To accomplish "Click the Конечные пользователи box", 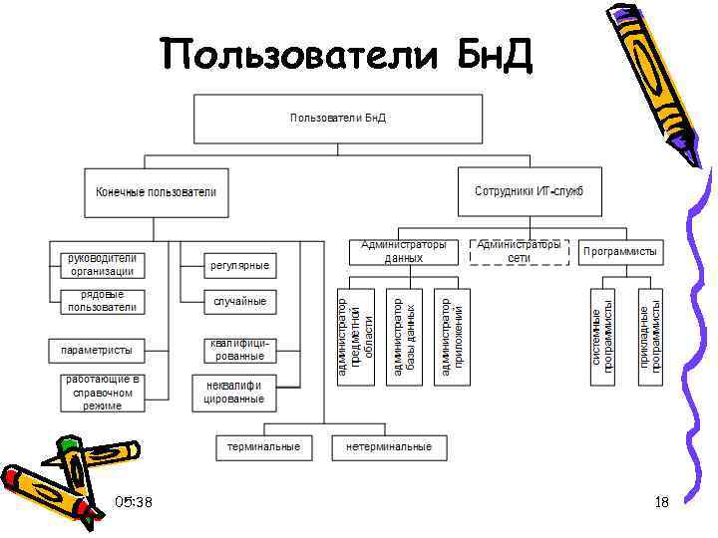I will (x=157, y=191).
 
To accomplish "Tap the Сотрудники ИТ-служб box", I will (x=530, y=191).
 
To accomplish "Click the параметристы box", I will (x=97, y=350).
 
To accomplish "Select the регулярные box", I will (x=239, y=266).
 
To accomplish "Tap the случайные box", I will (x=239, y=301).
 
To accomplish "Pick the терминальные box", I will (x=263, y=447).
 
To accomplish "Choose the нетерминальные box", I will (x=389, y=447).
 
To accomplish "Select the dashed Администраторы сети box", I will (x=519, y=251).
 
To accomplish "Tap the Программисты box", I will (x=620, y=253).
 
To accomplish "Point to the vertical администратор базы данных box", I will (x=407, y=335).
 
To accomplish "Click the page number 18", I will (x=662, y=503).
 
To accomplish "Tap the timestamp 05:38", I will (x=134, y=502).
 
